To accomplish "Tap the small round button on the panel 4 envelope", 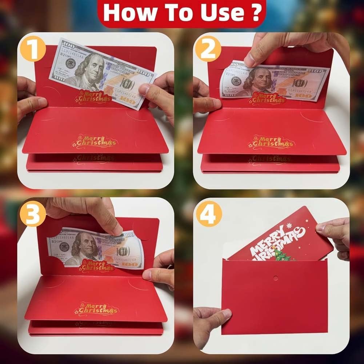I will coord(275,278).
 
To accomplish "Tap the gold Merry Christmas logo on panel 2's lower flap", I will coord(271,142).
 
